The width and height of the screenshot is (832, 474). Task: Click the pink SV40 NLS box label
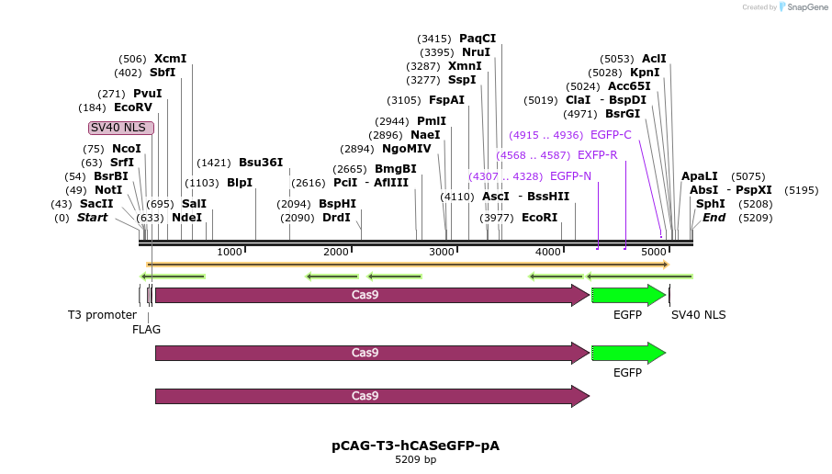[120, 128]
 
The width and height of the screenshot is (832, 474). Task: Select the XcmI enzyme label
[170, 59]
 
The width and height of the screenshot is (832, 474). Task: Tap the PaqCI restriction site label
[478, 39]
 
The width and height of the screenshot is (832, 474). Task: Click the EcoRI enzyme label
[539, 218]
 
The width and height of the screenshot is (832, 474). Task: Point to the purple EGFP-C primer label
[611, 135]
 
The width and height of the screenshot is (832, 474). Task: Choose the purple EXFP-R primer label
[597, 155]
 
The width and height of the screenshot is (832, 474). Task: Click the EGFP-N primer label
[570, 176]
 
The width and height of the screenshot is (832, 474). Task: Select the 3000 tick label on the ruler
[443, 252]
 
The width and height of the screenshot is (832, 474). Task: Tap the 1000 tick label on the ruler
[230, 252]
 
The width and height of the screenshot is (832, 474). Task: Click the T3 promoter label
[102, 315]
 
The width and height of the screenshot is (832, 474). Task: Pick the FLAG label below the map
[146, 329]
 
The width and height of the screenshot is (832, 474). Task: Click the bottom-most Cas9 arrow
[372, 396]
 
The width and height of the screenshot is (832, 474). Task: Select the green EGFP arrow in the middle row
[628, 353]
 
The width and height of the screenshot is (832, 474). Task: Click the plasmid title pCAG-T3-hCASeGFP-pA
[415, 446]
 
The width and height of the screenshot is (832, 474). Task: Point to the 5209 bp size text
[415, 459]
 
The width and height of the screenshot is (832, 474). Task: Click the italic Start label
[92, 218]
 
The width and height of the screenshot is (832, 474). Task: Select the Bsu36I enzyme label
[261, 163]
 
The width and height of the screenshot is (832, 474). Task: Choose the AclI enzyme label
[654, 59]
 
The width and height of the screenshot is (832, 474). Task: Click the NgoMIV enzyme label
[406, 149]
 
